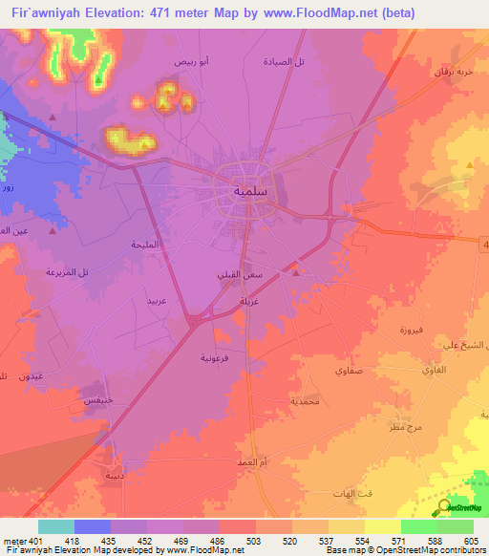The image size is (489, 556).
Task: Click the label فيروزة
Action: (416, 330)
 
